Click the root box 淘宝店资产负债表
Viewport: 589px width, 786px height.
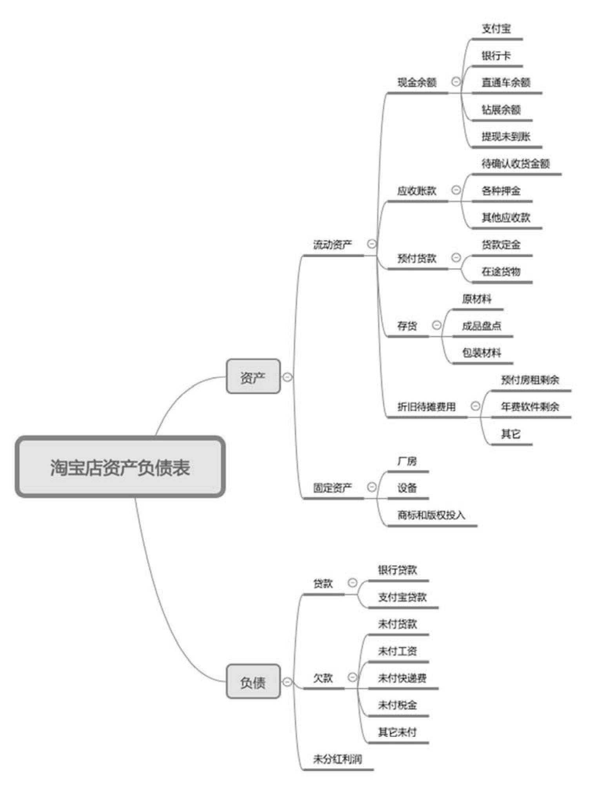[x=120, y=467]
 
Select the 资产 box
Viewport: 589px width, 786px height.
[x=253, y=377]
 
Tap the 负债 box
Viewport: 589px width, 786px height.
[x=253, y=682]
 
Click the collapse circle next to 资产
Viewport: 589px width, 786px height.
[x=287, y=377]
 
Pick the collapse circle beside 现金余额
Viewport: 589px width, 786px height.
[x=456, y=82]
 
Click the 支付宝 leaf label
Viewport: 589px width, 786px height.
[x=496, y=29]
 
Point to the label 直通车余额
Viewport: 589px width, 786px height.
[x=506, y=82]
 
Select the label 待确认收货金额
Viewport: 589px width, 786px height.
[x=516, y=164]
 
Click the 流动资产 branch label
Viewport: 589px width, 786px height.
[x=333, y=245]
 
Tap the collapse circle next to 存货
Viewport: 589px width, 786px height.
[x=436, y=325]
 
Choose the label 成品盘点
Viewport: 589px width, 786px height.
[x=482, y=326]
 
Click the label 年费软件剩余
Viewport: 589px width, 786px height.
[x=530, y=407]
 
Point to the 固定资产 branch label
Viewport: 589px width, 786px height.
[x=333, y=488]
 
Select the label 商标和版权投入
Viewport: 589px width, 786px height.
[x=431, y=515]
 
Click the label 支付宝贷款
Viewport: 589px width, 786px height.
[x=402, y=597]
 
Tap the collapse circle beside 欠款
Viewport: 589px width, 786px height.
[x=353, y=677]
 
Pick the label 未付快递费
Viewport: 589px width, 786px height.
[x=402, y=678]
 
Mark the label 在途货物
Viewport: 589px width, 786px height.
[x=501, y=271]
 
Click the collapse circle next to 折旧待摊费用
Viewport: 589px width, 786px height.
[x=475, y=406]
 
